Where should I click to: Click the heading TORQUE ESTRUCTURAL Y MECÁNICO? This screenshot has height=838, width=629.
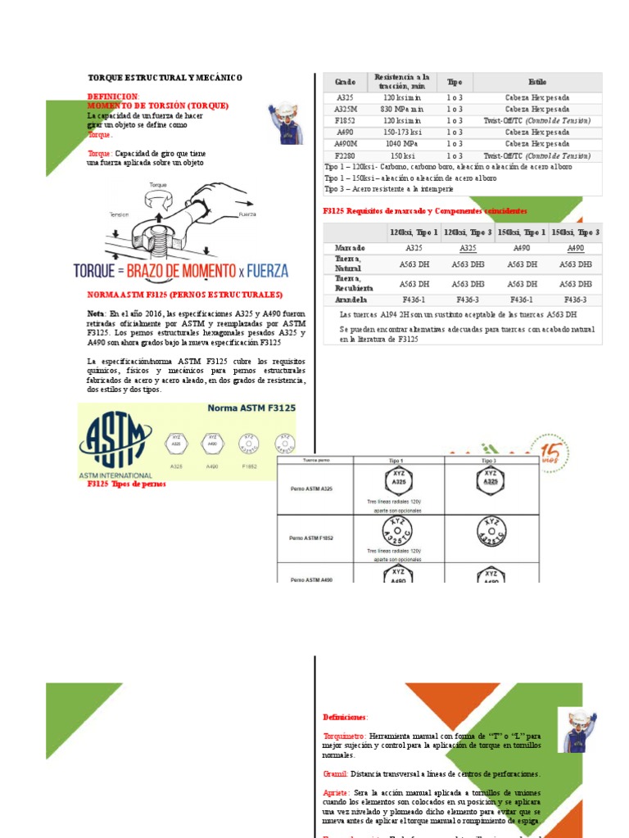click(165, 78)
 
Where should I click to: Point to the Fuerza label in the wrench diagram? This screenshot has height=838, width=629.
click(248, 215)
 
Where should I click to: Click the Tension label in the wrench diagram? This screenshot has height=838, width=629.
click(120, 215)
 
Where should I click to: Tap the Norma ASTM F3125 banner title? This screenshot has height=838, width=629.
click(251, 408)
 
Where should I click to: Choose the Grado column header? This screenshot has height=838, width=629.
click(345, 83)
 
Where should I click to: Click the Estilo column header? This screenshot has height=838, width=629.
click(537, 83)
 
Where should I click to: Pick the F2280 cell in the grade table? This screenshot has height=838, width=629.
click(345, 155)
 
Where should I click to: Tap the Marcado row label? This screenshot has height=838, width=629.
click(350, 248)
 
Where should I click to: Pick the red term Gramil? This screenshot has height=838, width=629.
click(336, 773)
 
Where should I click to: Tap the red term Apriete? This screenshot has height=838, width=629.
click(337, 792)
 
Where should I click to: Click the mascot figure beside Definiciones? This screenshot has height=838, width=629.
click(581, 730)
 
